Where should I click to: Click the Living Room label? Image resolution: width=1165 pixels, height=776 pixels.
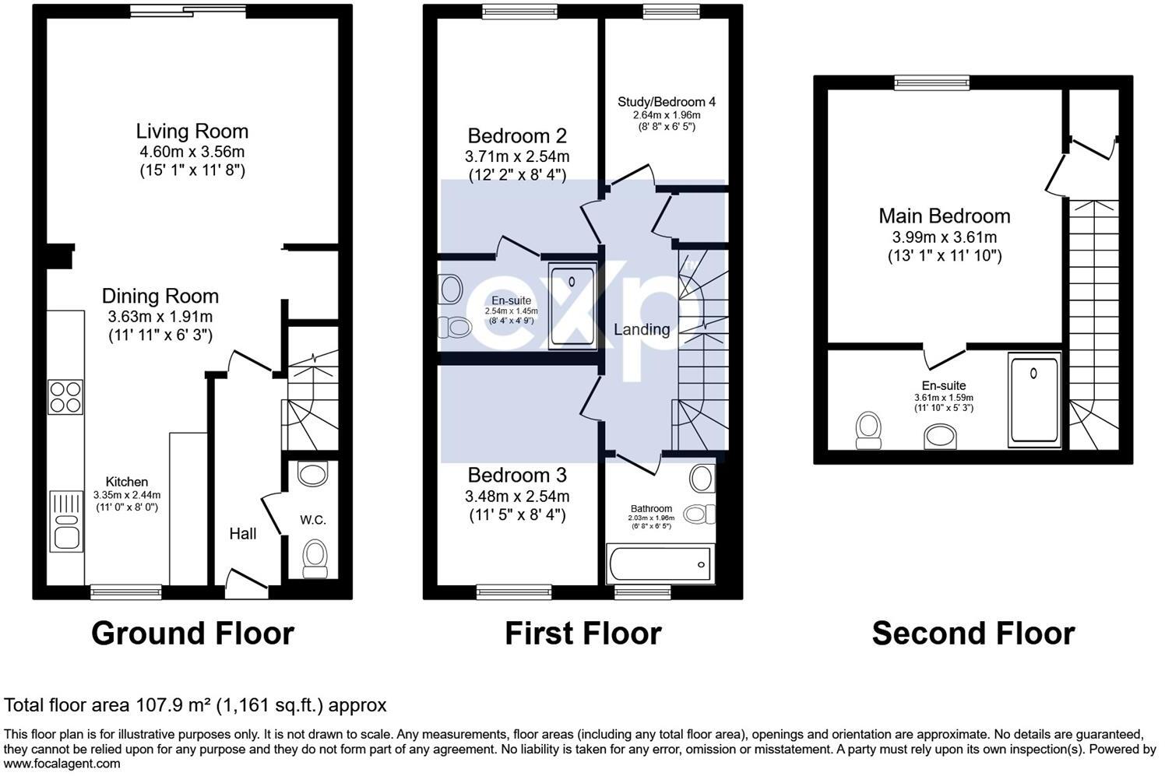192,132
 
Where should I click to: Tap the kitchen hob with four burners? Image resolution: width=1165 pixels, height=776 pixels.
65,396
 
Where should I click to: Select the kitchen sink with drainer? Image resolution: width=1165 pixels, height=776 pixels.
65,520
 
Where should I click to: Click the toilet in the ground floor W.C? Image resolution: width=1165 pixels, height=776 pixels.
314,558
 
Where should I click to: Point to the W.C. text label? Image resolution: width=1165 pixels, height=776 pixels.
313,520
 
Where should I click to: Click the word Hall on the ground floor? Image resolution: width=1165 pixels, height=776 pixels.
243,534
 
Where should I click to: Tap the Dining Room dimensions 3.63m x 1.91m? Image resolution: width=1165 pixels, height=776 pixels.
160,317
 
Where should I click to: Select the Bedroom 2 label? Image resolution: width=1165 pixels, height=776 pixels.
517,135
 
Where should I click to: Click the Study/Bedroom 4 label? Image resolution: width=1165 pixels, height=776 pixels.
666,102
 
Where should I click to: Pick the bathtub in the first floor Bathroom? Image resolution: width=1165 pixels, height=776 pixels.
659,564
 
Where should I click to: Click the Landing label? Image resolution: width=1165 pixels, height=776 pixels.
641,329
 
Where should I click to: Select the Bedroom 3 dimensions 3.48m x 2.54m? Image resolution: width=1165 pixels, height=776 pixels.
517,496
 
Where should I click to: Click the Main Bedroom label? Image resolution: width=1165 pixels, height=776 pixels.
944,216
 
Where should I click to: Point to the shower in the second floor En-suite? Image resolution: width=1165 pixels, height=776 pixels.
1033,400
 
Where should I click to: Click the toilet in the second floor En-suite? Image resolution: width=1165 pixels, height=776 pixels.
867,430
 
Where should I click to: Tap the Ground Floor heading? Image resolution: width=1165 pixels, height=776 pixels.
192,634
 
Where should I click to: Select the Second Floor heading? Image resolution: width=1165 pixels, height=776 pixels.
973,634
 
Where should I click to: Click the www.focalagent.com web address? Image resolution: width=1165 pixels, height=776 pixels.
62,764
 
